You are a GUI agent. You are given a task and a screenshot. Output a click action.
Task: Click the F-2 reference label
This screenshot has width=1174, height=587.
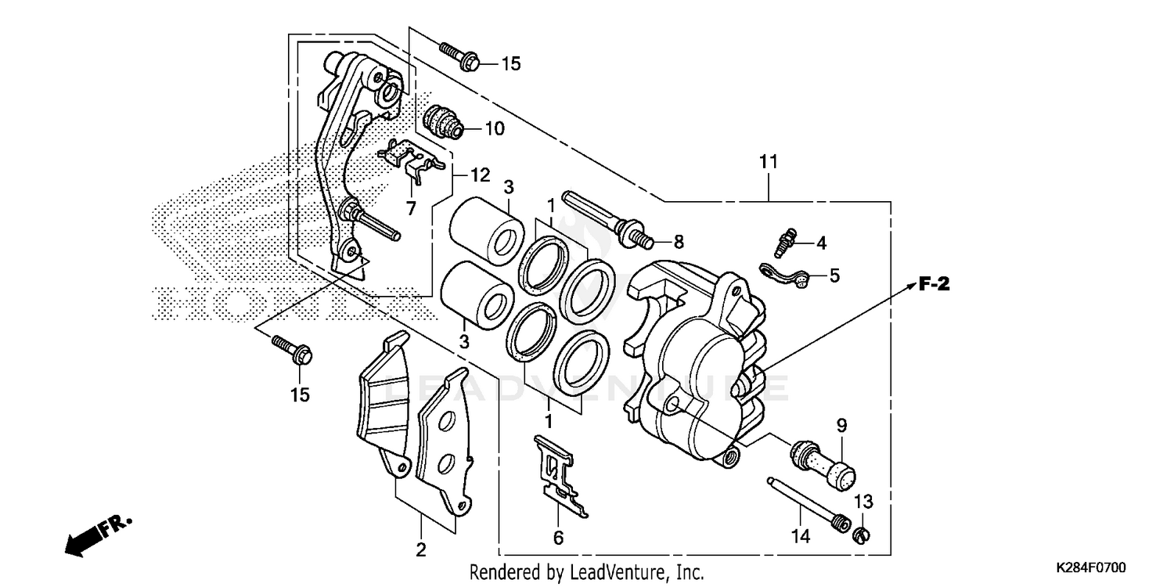(933, 285)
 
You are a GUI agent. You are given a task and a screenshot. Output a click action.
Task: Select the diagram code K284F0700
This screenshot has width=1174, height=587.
(1101, 566)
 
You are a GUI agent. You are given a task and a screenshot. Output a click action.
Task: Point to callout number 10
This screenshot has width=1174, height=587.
(495, 128)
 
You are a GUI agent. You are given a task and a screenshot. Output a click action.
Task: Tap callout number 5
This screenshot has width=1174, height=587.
(834, 275)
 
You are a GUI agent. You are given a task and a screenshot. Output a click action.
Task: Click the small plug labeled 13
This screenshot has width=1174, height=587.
(861, 535)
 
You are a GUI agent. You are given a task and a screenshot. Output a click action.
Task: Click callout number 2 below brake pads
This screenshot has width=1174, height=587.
(421, 549)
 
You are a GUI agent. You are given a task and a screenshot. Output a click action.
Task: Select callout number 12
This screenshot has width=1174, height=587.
(479, 174)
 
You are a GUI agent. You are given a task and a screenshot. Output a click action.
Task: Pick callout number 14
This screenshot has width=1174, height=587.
(800, 537)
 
